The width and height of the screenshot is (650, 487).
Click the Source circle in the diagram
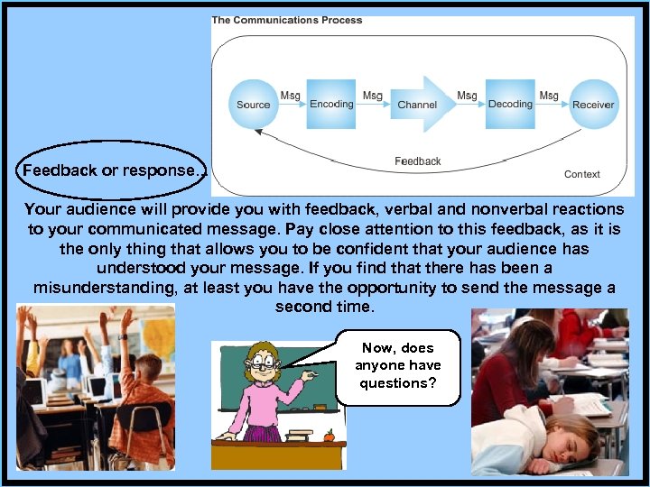tap(253, 104)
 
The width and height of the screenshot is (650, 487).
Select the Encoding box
tap(331, 104)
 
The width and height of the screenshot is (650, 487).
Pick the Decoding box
tap(510, 104)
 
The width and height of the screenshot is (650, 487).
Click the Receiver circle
tap(593, 104)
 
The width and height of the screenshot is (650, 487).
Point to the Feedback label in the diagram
tap(417, 161)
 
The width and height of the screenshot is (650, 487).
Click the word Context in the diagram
tap(581, 174)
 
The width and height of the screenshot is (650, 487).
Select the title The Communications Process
tap(286, 20)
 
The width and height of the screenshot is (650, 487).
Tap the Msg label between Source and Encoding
tap(290, 96)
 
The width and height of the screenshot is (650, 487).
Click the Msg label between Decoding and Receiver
tap(548, 96)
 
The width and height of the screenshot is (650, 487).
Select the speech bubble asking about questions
tap(397, 366)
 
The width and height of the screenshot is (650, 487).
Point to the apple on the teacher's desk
tap(329, 435)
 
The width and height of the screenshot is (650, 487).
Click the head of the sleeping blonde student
tap(564, 437)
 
